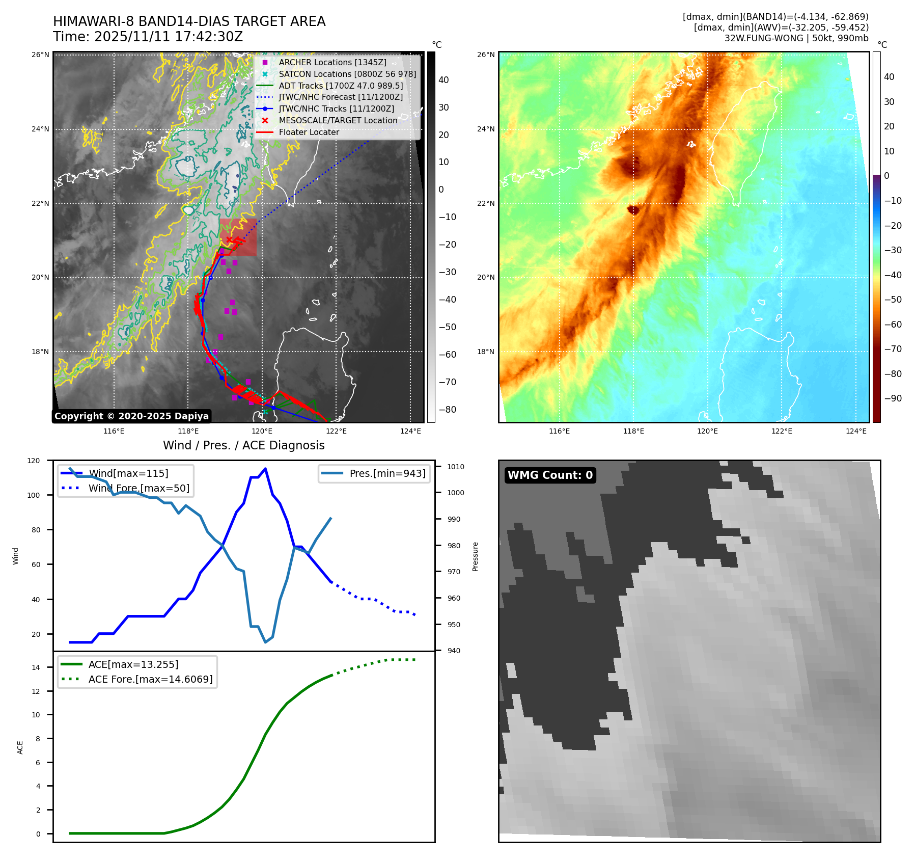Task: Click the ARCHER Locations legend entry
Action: click(x=332, y=62)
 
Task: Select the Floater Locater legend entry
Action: click(x=309, y=132)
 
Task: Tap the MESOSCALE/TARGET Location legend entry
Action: click(x=338, y=120)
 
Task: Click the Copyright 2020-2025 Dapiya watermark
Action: click(x=131, y=416)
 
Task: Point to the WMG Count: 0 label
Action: click(x=550, y=475)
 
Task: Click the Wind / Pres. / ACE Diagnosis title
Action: click(x=243, y=445)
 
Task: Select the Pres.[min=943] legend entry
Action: click(x=387, y=473)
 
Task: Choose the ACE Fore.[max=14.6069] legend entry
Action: click(x=150, y=679)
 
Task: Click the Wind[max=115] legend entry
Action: click(x=128, y=473)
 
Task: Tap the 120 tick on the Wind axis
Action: click(x=34, y=461)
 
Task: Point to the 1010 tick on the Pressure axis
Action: click(x=455, y=467)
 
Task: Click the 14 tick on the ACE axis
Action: click(x=36, y=667)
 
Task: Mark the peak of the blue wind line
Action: click(x=265, y=469)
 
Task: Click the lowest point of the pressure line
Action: click(x=265, y=642)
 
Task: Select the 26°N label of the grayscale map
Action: click(x=40, y=55)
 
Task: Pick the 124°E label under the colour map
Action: click(x=855, y=431)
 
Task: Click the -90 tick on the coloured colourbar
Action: click(x=893, y=398)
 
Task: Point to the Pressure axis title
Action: click(x=475, y=556)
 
